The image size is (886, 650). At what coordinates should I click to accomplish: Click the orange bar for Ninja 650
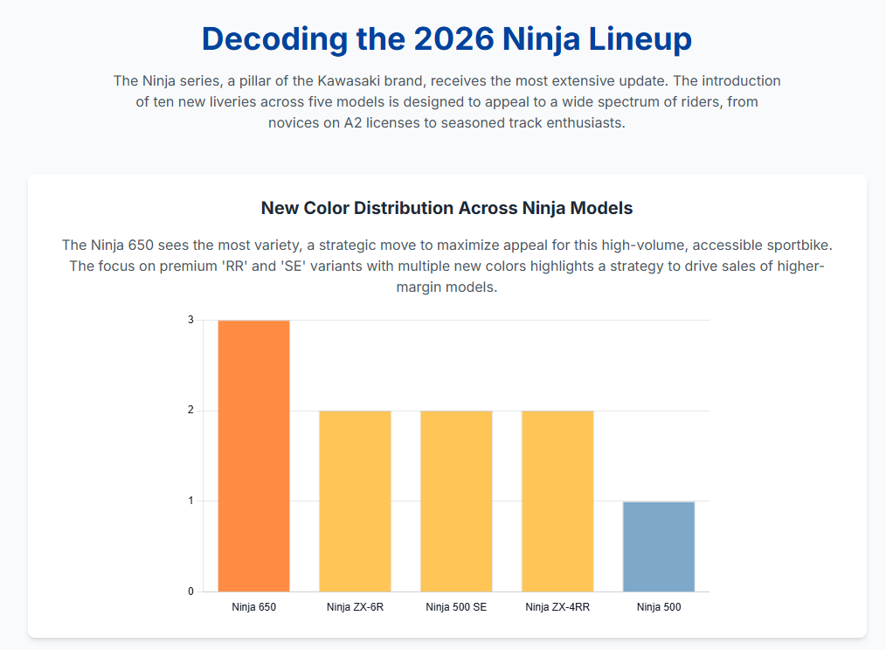click(253, 455)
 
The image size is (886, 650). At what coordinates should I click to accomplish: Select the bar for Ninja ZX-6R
click(355, 501)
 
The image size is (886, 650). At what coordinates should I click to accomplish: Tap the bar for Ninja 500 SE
click(456, 501)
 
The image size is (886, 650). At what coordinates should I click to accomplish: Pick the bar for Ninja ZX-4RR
click(557, 501)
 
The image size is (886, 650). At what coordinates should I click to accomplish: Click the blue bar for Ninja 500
click(659, 546)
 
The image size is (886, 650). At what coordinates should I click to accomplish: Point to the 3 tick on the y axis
click(190, 321)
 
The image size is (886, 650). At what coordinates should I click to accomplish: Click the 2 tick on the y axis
click(190, 411)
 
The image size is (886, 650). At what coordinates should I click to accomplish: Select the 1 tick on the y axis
click(190, 501)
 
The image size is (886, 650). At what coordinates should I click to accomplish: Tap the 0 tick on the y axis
click(190, 591)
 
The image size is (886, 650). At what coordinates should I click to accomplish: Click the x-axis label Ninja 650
click(253, 607)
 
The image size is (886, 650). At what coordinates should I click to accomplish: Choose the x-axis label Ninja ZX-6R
click(355, 607)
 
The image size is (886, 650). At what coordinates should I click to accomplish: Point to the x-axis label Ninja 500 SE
click(456, 607)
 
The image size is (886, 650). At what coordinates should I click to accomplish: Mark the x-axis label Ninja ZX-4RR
click(557, 607)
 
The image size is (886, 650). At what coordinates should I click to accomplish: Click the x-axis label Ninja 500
click(659, 607)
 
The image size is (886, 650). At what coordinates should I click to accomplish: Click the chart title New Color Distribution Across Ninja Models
click(446, 208)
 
